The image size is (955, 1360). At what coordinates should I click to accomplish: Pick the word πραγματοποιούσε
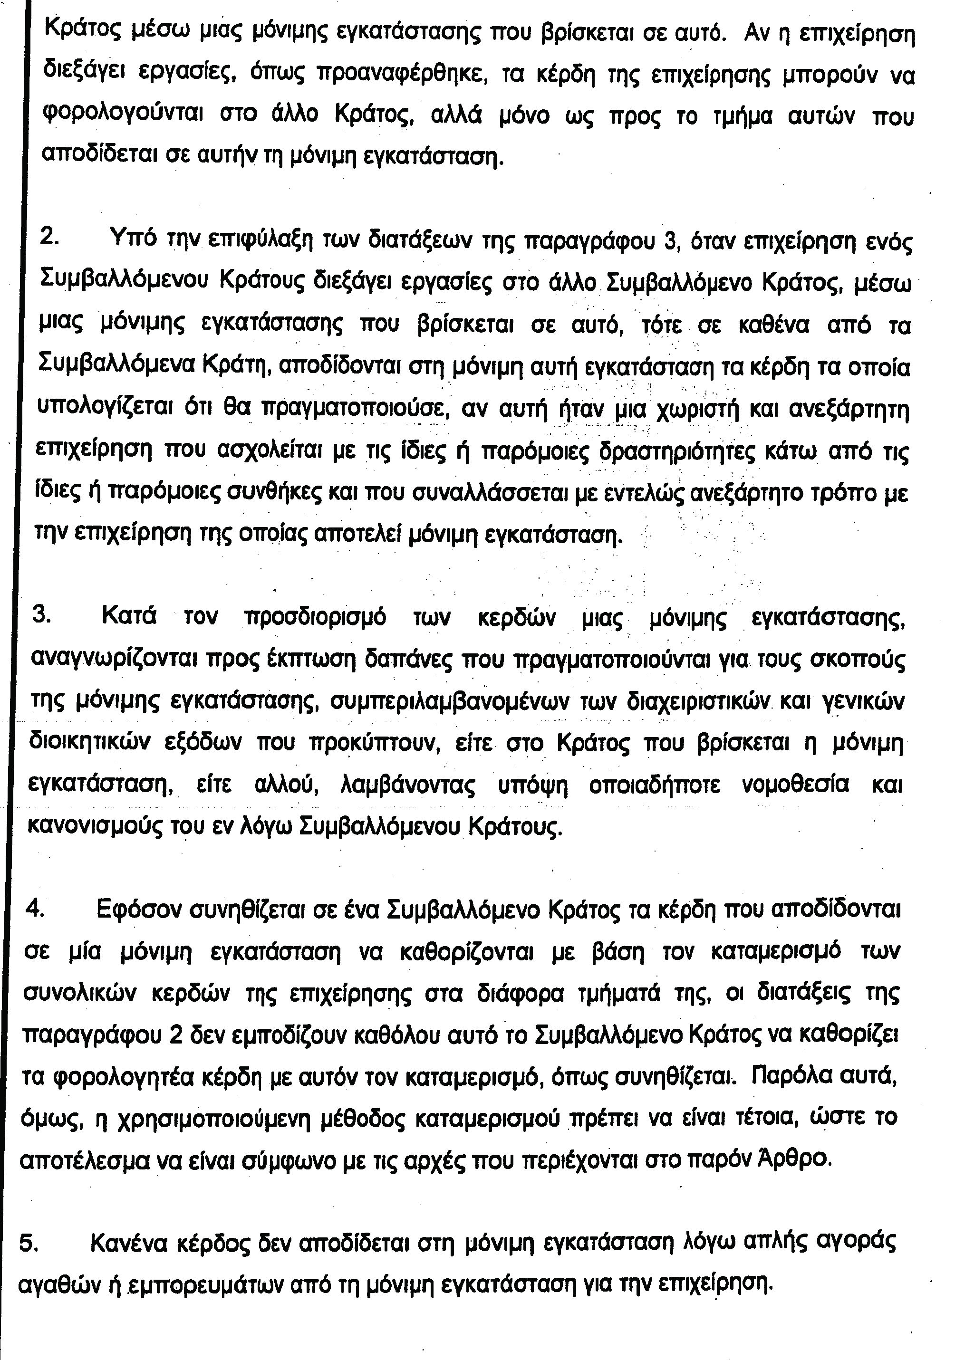tap(353, 409)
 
